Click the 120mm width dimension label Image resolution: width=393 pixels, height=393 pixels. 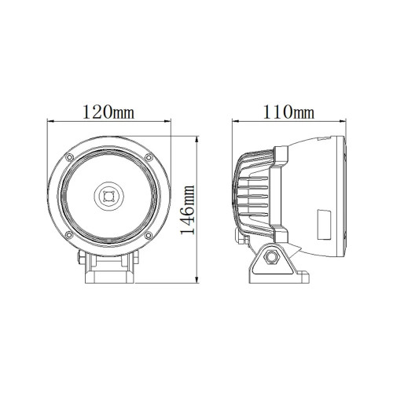click(x=108, y=112)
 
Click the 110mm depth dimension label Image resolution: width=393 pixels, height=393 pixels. click(x=288, y=112)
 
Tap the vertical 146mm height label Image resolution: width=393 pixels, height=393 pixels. click(x=188, y=210)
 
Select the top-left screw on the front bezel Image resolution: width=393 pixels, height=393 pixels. click(x=69, y=157)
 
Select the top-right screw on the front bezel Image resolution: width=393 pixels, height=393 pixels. click(x=149, y=157)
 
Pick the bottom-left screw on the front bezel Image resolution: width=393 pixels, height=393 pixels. click(x=69, y=235)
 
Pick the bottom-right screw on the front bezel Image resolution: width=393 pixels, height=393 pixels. click(x=149, y=235)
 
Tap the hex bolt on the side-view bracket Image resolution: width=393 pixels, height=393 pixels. click(x=272, y=258)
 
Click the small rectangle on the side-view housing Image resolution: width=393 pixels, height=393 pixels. click(x=324, y=224)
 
